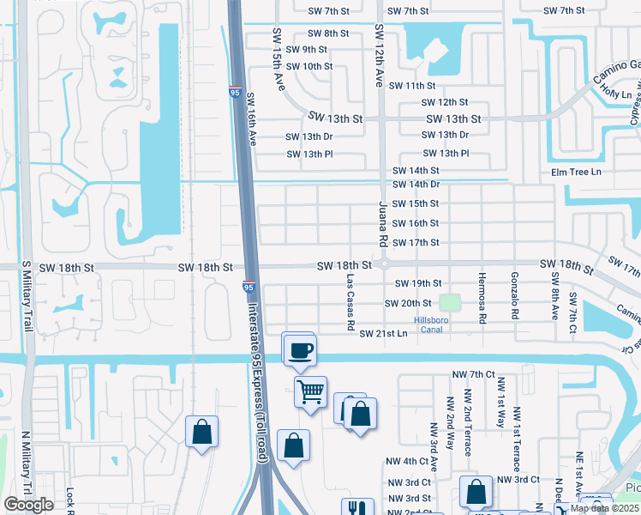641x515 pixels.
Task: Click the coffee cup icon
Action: pos(301,350)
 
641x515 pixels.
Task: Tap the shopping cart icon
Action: pos(310,391)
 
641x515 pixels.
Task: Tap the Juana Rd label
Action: pos(383,227)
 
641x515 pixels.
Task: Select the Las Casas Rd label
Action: pos(350,303)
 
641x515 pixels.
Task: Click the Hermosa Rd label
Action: pos(483,304)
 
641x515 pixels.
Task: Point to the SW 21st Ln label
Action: pos(383,333)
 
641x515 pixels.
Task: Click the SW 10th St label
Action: pos(309,66)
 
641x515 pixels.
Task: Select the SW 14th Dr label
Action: pos(416,185)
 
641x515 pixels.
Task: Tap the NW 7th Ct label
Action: pos(473,374)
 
